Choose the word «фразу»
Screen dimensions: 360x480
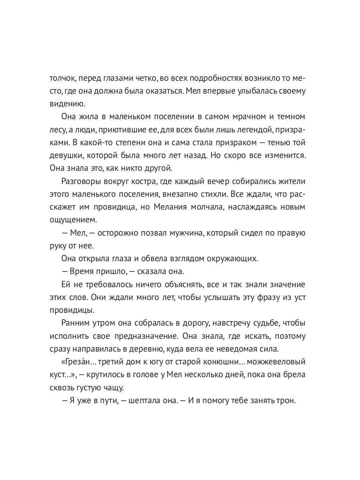[x=258, y=297]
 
